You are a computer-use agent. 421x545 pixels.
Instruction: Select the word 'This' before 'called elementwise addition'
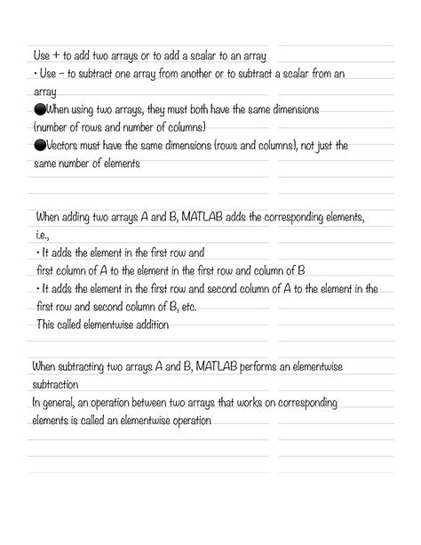pos(45,325)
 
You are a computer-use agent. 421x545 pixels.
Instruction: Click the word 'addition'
pos(149,325)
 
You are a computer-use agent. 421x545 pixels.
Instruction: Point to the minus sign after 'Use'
pos(52,75)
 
